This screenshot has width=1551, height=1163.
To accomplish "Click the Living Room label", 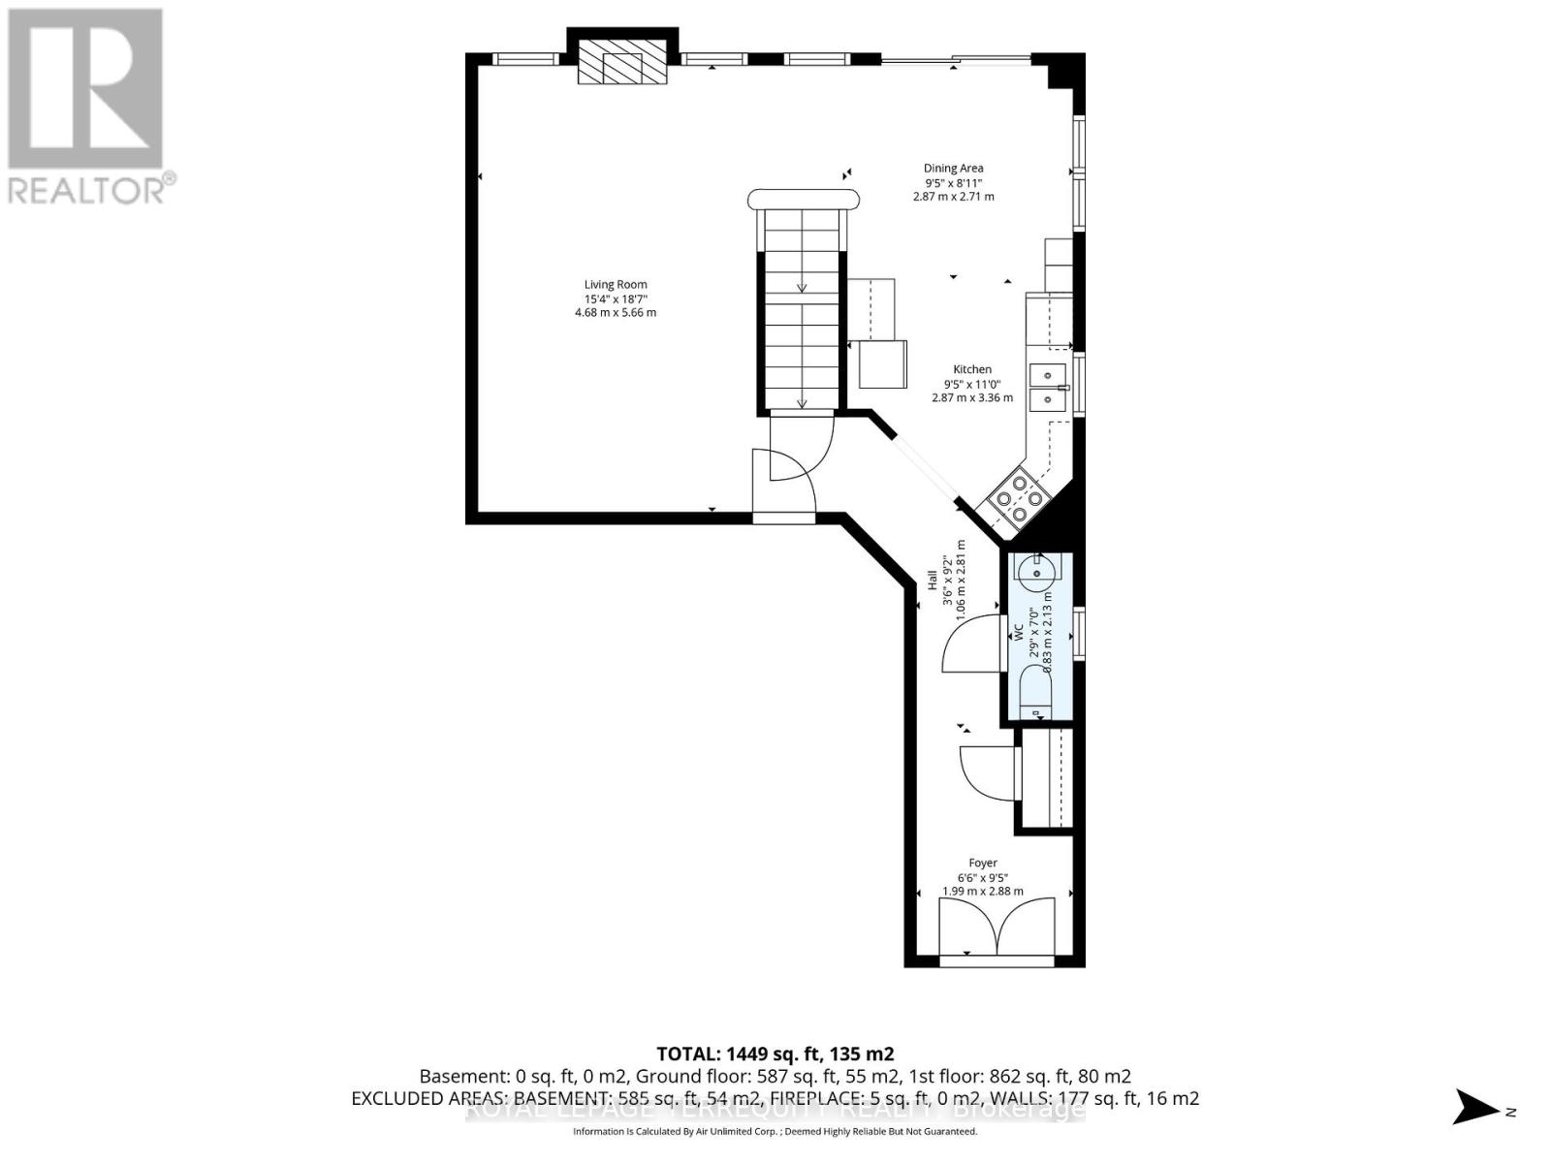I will [616, 284].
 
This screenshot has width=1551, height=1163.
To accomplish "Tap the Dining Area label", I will [953, 168].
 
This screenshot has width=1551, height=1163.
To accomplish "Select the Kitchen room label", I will [972, 369].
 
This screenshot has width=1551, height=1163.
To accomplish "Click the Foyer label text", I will [983, 863].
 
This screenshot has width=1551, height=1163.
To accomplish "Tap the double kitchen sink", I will [1048, 387].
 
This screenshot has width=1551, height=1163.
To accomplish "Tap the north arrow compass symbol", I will [1479, 1107].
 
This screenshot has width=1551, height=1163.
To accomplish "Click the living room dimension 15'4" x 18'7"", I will [616, 299].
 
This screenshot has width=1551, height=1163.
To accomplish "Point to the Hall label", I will [933, 580].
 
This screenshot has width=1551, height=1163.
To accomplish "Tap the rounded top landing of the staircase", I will [804, 199].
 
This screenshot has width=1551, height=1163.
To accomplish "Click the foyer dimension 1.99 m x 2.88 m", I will [983, 892].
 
